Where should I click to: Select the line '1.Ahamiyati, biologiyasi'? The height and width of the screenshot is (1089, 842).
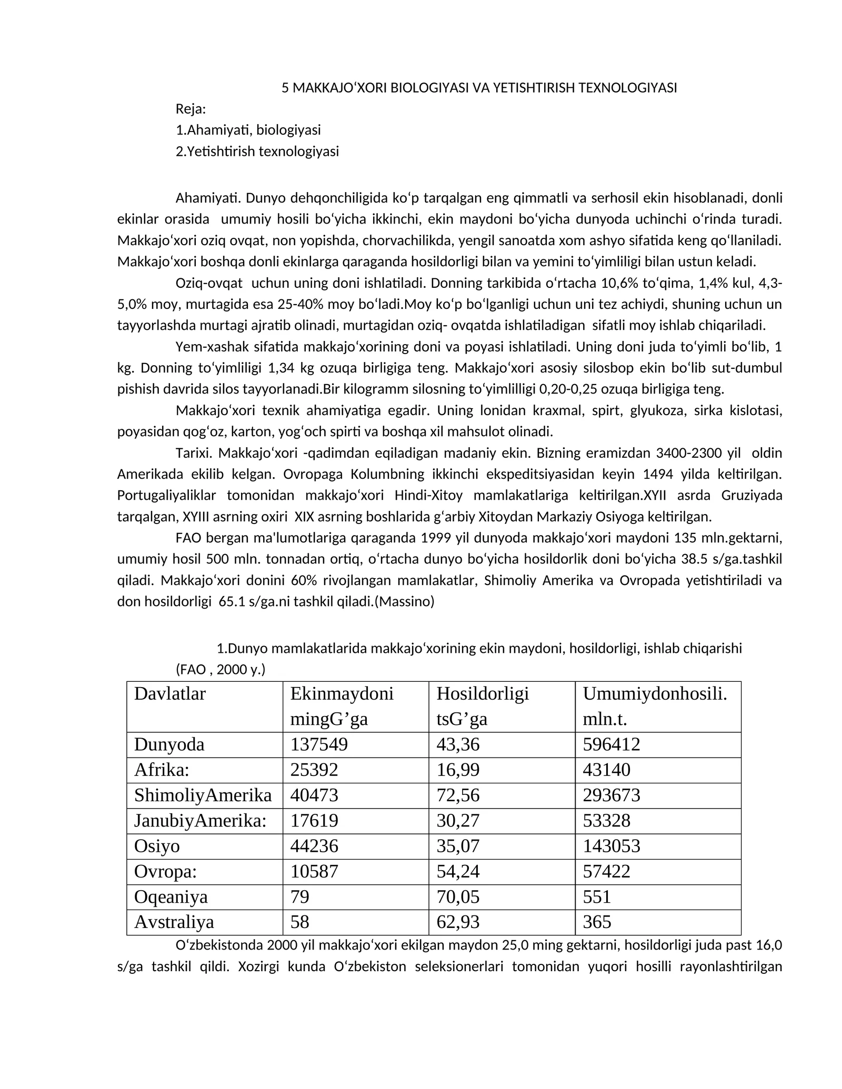248,130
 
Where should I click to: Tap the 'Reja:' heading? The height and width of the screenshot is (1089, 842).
191,109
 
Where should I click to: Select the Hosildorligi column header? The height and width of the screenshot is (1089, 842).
482,693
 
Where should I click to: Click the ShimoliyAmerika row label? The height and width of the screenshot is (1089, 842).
203,795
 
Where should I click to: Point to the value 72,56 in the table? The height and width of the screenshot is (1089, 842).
458,795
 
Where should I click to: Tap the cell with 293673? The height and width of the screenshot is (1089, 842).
611,795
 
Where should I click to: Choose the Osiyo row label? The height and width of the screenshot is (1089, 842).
157,846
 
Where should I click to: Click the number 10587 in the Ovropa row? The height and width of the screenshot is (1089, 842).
315,871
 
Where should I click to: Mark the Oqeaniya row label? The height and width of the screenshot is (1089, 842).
171,896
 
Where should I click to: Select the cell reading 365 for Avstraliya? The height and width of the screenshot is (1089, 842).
597,922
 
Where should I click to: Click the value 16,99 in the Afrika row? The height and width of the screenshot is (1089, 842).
458,770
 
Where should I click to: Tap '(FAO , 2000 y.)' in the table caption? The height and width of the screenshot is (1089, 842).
220,670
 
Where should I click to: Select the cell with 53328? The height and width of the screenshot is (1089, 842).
606,820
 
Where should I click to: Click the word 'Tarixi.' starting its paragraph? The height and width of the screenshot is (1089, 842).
194,453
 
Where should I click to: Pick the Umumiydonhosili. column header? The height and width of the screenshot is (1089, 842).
655,693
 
